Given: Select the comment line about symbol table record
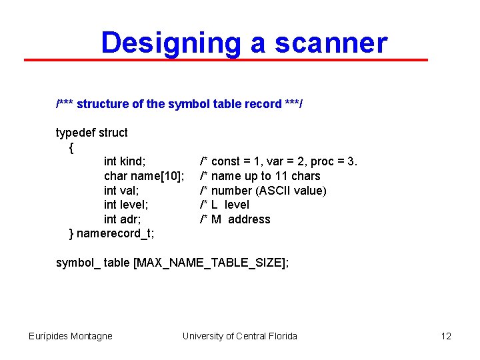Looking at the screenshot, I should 179,104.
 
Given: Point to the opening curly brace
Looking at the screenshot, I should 72,147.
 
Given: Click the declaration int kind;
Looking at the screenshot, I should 125,161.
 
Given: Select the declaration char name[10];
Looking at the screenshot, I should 144,176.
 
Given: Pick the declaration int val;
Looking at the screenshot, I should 121,191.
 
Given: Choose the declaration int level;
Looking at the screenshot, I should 126,205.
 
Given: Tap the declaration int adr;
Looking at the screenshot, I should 123,219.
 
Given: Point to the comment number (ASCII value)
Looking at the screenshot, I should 263,191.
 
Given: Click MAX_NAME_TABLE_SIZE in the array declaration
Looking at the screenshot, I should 210,263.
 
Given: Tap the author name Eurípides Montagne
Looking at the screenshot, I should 71,336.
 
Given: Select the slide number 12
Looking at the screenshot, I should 446,336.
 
